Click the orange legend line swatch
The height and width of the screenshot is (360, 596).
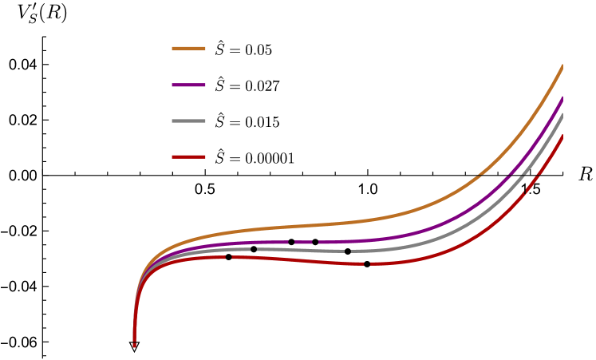[188, 49]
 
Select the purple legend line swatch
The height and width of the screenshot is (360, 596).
[188, 85]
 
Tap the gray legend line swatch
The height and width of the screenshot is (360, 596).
[188, 121]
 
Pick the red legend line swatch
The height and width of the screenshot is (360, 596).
[188, 157]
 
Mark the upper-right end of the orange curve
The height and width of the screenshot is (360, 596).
[562, 66]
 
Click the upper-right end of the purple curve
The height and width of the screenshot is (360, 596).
[562, 98]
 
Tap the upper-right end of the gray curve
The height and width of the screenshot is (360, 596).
[562, 115]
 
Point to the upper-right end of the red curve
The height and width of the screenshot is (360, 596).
[562, 136]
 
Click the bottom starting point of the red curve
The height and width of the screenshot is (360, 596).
[134, 345]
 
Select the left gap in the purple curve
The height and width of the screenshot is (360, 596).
[290, 242]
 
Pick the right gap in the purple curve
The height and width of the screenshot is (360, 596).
[315, 242]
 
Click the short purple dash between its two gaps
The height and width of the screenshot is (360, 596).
[303, 242]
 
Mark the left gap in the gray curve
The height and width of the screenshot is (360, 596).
[253, 249]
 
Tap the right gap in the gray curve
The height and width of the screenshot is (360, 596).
[348, 251]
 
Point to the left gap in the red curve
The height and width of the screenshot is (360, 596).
[228, 257]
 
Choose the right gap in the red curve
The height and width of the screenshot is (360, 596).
[366, 263]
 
